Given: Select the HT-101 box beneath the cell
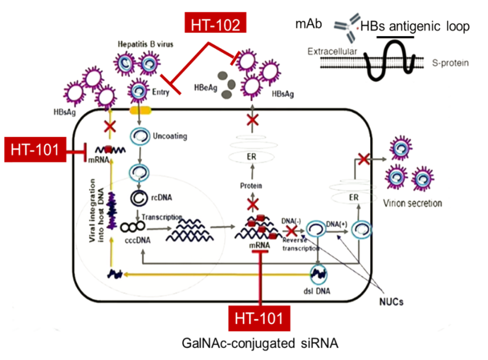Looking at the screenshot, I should [x=259, y=318].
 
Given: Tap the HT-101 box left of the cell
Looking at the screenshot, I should [x=35, y=150].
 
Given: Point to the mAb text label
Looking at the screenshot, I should [x=309, y=23].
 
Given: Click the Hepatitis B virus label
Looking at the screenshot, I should [x=145, y=45].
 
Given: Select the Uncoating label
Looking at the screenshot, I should [x=171, y=137].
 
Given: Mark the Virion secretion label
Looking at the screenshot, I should [x=413, y=203].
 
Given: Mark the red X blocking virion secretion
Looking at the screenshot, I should [x=363, y=159].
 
